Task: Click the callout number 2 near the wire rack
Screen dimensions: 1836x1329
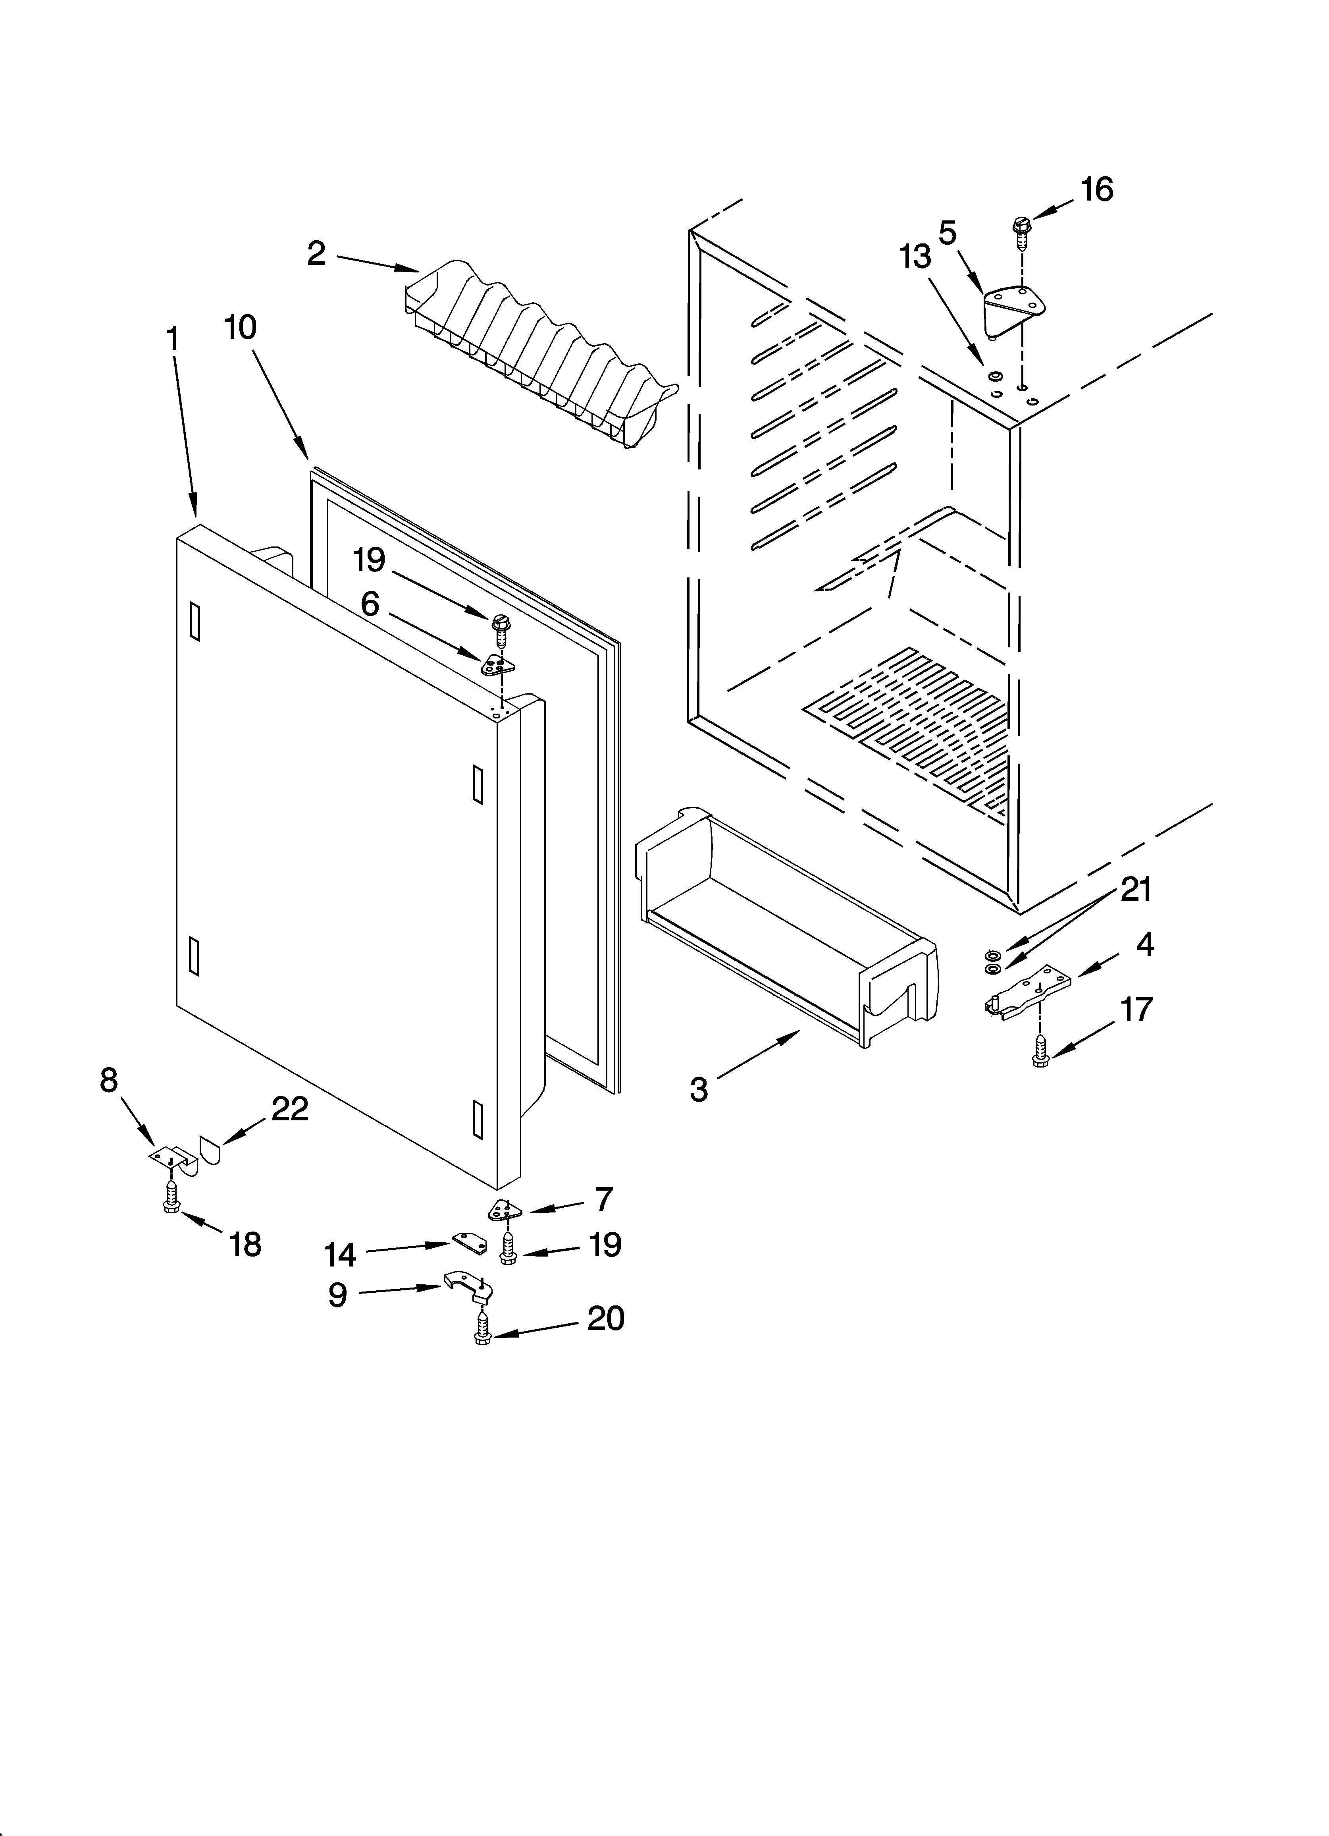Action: click(x=316, y=254)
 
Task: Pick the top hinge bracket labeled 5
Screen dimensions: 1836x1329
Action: click(x=1013, y=308)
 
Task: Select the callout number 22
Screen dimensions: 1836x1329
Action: click(x=289, y=1109)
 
